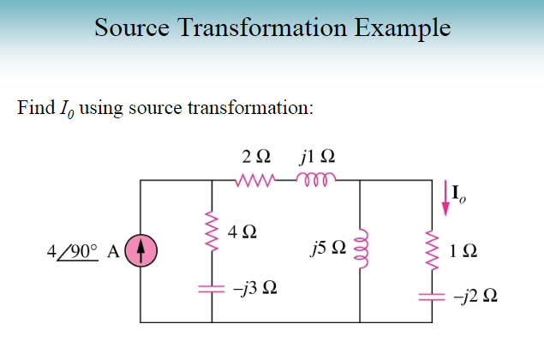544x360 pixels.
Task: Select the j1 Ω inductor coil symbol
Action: coord(314,181)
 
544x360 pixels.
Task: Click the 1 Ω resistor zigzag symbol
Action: coord(433,250)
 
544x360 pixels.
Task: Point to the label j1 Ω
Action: coord(317,158)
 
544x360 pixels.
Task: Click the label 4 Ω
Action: coord(244,231)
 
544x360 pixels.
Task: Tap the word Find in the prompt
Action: coord(33,108)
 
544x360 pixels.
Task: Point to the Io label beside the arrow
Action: coord(461,199)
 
